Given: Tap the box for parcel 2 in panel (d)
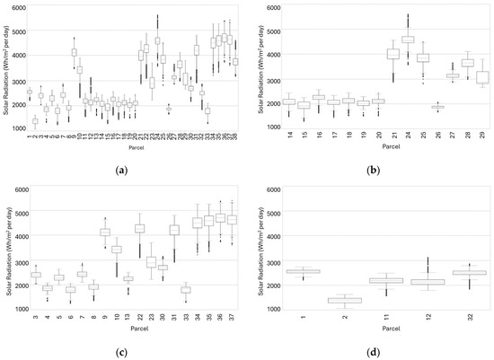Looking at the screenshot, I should point(313,300).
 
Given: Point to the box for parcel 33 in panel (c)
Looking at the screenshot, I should point(186,289).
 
